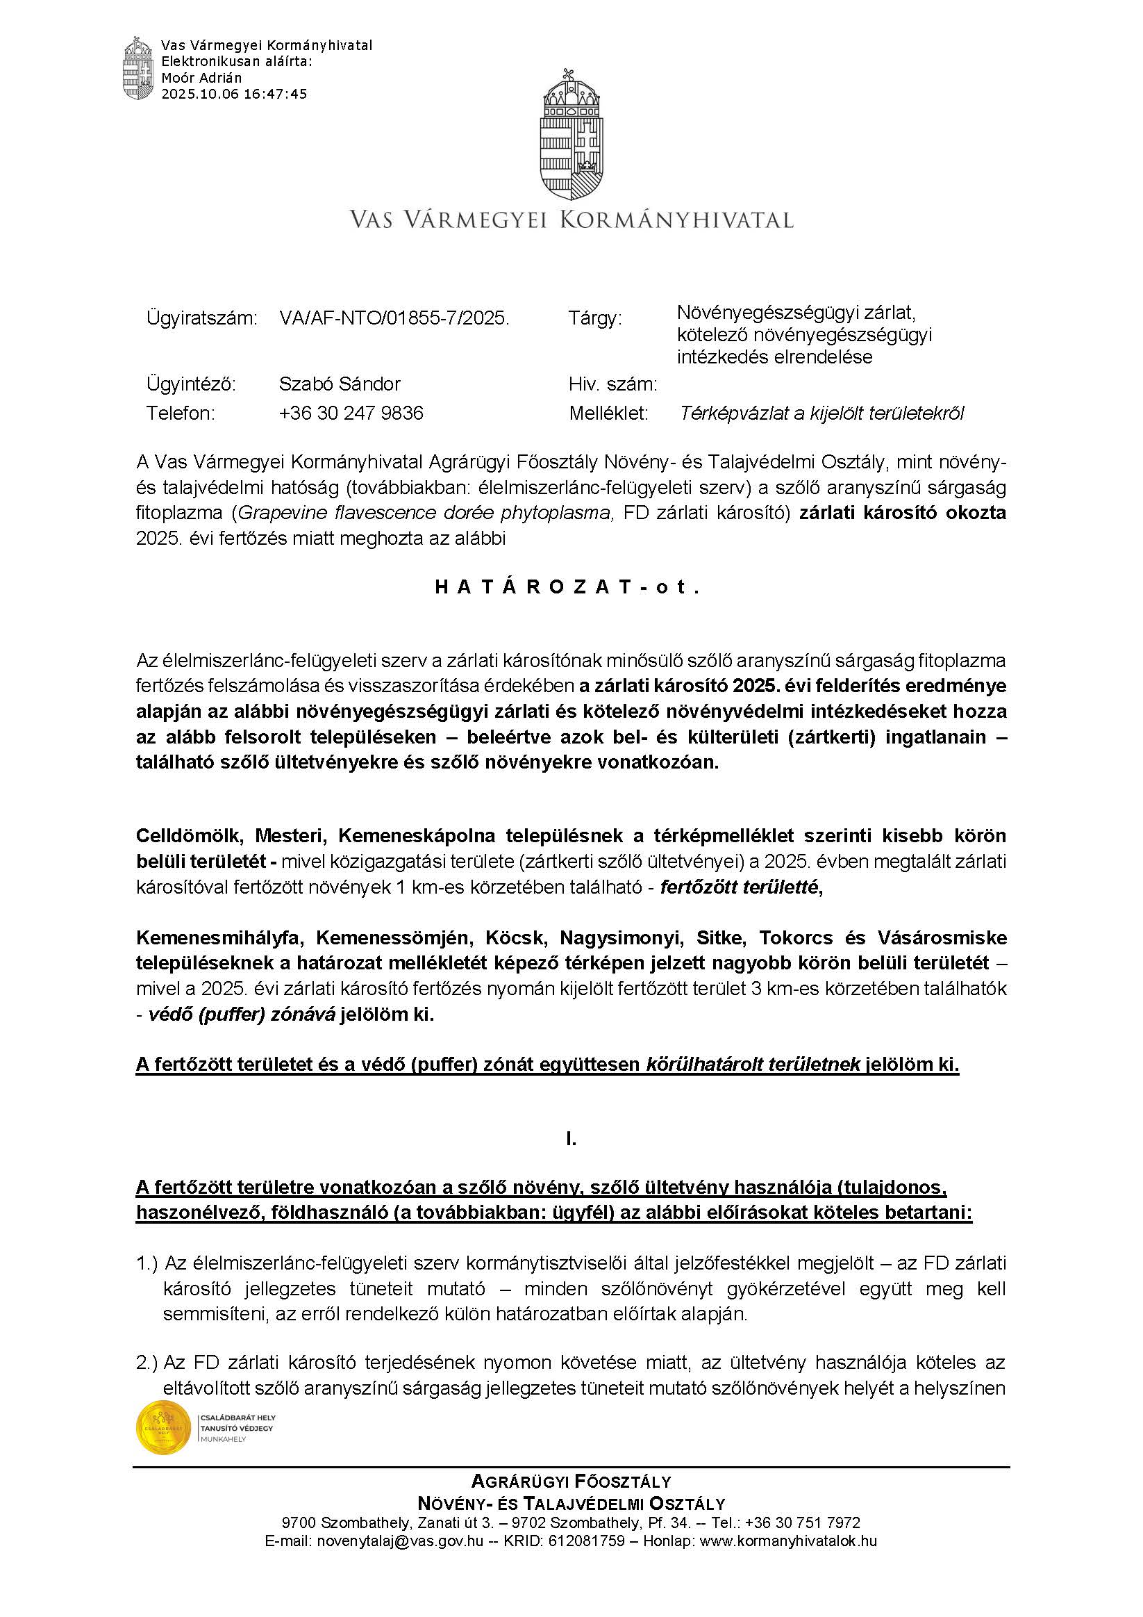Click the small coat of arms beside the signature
tap(138, 68)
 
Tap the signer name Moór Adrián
tap(201, 78)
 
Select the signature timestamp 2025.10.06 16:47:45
tap(235, 94)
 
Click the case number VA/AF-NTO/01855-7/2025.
tap(394, 318)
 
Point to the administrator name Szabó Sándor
tap(340, 384)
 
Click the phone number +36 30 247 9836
tap(351, 413)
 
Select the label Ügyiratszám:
tap(202, 318)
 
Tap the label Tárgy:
tap(594, 318)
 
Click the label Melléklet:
tap(608, 413)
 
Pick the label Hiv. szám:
tap(612, 384)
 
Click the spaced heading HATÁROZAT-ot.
tap(569, 587)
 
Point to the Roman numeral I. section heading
tap(571, 1139)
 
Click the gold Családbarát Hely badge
tap(163, 1427)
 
